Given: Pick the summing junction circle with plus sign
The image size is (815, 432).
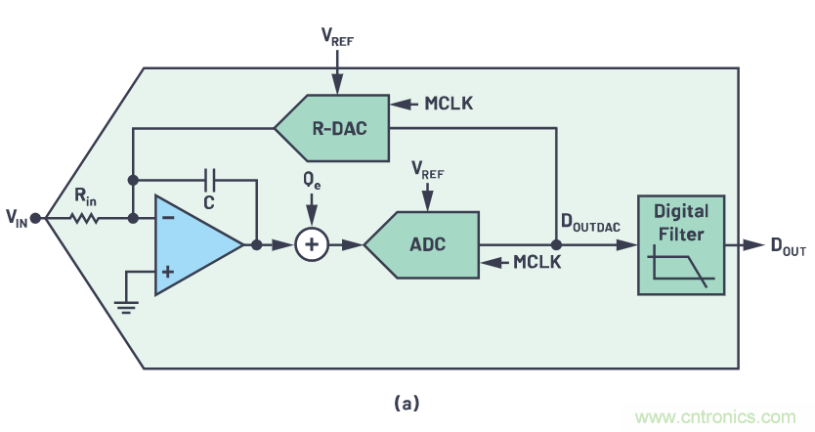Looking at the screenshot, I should click(x=312, y=245).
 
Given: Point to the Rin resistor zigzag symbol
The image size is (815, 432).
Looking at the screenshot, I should click(x=86, y=219).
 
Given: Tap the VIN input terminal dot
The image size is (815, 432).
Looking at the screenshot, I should click(x=35, y=219).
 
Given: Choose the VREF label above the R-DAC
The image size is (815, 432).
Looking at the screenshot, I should click(x=336, y=36).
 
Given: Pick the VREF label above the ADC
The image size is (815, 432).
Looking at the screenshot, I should click(x=426, y=171).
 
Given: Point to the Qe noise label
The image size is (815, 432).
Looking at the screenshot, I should click(x=312, y=181).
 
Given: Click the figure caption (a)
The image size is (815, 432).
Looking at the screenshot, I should click(x=407, y=402).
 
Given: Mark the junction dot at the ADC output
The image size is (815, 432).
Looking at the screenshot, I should click(x=557, y=245).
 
